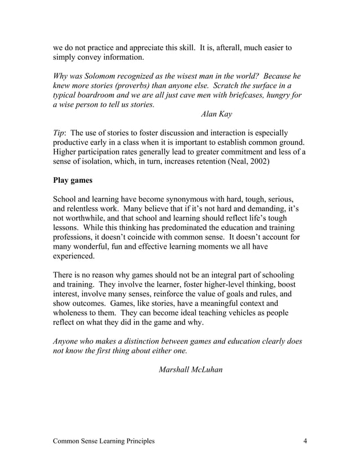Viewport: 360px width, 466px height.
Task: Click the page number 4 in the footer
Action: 305,441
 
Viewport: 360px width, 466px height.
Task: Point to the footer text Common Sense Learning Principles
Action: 104,441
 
